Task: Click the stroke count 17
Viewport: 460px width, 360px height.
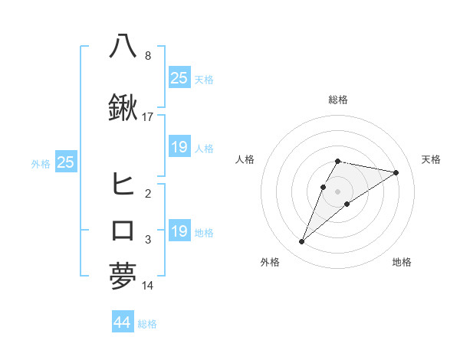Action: pos(148,117)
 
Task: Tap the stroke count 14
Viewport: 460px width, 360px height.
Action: pos(148,286)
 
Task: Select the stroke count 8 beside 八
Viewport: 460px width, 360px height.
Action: pos(147,56)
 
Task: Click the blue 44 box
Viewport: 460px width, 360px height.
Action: pos(122,322)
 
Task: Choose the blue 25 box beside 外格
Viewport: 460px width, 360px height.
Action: pos(65,162)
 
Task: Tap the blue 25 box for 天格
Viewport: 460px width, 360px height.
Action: pos(179,77)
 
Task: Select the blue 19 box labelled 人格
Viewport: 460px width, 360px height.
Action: pos(179,147)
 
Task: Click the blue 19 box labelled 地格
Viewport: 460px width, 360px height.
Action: pos(179,231)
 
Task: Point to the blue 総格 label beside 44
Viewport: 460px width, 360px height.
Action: pos(147,324)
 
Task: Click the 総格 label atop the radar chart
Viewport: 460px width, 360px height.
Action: pos(338,100)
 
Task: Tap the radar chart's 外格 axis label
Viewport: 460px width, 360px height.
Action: pos(270,262)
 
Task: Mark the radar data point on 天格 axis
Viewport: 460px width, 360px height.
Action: pos(396,172)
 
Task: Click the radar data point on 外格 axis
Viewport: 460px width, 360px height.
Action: pos(302,241)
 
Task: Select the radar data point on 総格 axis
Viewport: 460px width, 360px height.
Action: pos(338,161)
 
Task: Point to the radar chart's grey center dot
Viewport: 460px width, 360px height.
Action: pos(338,191)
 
